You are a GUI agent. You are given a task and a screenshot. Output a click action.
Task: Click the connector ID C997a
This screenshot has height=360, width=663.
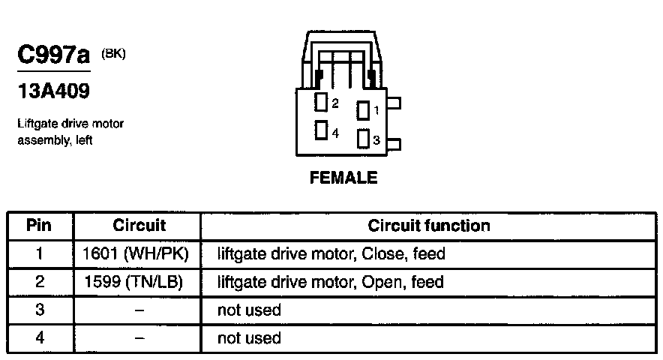click(x=52, y=55)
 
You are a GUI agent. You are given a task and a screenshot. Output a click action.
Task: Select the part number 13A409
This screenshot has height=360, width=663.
click(x=53, y=91)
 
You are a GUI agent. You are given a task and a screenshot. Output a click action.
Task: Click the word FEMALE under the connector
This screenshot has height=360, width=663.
click(x=344, y=178)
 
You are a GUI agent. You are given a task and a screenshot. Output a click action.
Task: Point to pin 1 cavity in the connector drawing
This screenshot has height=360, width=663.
click(x=363, y=111)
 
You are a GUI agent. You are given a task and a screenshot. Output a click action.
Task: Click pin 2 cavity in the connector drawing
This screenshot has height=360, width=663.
click(x=321, y=103)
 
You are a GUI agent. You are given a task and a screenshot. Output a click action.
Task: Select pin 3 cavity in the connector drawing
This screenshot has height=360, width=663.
click(x=363, y=139)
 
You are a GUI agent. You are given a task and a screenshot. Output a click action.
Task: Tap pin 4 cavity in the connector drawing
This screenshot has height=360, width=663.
click(x=321, y=130)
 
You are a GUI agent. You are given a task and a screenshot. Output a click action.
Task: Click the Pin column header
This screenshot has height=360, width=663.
click(x=40, y=225)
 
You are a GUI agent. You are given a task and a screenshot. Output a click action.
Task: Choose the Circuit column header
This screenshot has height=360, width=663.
click(x=139, y=225)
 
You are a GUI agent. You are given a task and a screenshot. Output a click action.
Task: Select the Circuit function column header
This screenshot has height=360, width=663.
click(x=429, y=225)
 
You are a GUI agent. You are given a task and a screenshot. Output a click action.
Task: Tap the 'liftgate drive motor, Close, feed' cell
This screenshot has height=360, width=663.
click(x=331, y=253)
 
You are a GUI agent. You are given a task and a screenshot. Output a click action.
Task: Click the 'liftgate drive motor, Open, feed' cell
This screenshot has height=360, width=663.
click(x=330, y=282)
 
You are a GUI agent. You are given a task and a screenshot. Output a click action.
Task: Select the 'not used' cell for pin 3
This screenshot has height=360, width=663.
click(x=249, y=310)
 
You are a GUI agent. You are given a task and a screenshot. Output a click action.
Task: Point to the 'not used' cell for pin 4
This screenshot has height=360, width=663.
click(x=249, y=337)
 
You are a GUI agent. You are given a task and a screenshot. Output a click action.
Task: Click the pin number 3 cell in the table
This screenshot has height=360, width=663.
click(x=40, y=310)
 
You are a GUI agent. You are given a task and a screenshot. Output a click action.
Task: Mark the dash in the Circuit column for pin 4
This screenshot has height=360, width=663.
click(x=138, y=337)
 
